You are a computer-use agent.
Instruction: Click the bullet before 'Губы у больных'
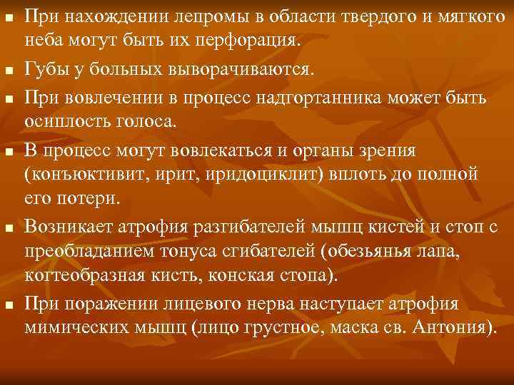pyautogui.click(x=9, y=70)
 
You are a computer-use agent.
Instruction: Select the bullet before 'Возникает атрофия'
pyautogui.click(x=9, y=229)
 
